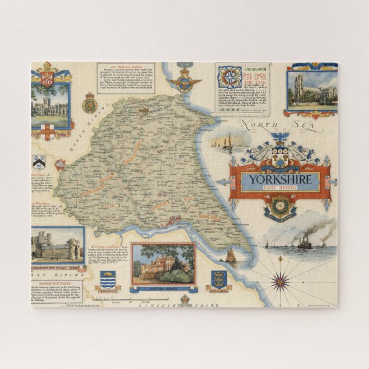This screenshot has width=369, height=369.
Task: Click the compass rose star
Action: click(x=281, y=280)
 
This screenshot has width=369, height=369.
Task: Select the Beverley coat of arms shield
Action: click(x=107, y=280)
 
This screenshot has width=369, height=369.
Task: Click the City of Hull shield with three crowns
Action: click(x=218, y=279)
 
